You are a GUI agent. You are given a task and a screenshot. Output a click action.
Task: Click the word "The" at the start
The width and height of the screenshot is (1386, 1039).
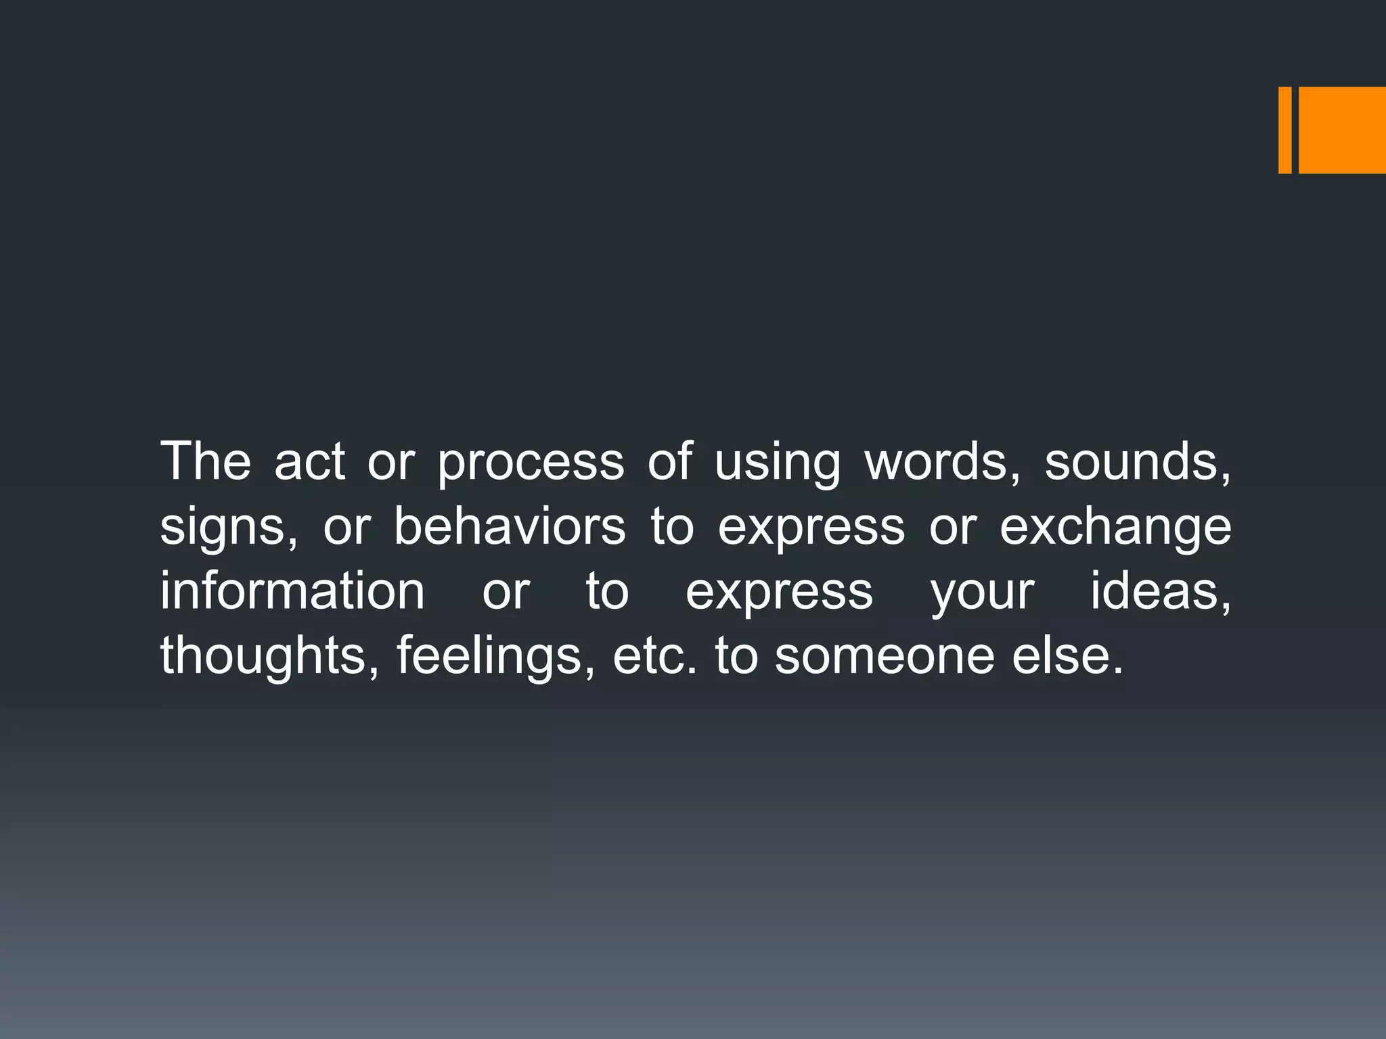205,461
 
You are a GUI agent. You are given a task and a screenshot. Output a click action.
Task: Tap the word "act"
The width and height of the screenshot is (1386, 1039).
309,461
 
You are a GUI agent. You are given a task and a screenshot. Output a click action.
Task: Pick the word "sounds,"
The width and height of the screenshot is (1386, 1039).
1138,461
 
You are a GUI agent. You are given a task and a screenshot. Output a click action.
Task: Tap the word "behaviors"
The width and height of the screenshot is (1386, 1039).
510,526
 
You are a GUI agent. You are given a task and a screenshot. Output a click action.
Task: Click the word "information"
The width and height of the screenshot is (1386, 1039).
292,591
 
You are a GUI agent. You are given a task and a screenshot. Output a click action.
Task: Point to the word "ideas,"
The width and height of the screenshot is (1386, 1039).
1161,591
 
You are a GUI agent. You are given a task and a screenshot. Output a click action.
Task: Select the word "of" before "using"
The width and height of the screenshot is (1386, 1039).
670,461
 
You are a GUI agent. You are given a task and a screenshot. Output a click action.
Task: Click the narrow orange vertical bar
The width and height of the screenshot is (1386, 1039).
1284,130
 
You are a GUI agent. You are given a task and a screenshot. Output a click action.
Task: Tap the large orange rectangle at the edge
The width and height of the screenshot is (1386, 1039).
1342,130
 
